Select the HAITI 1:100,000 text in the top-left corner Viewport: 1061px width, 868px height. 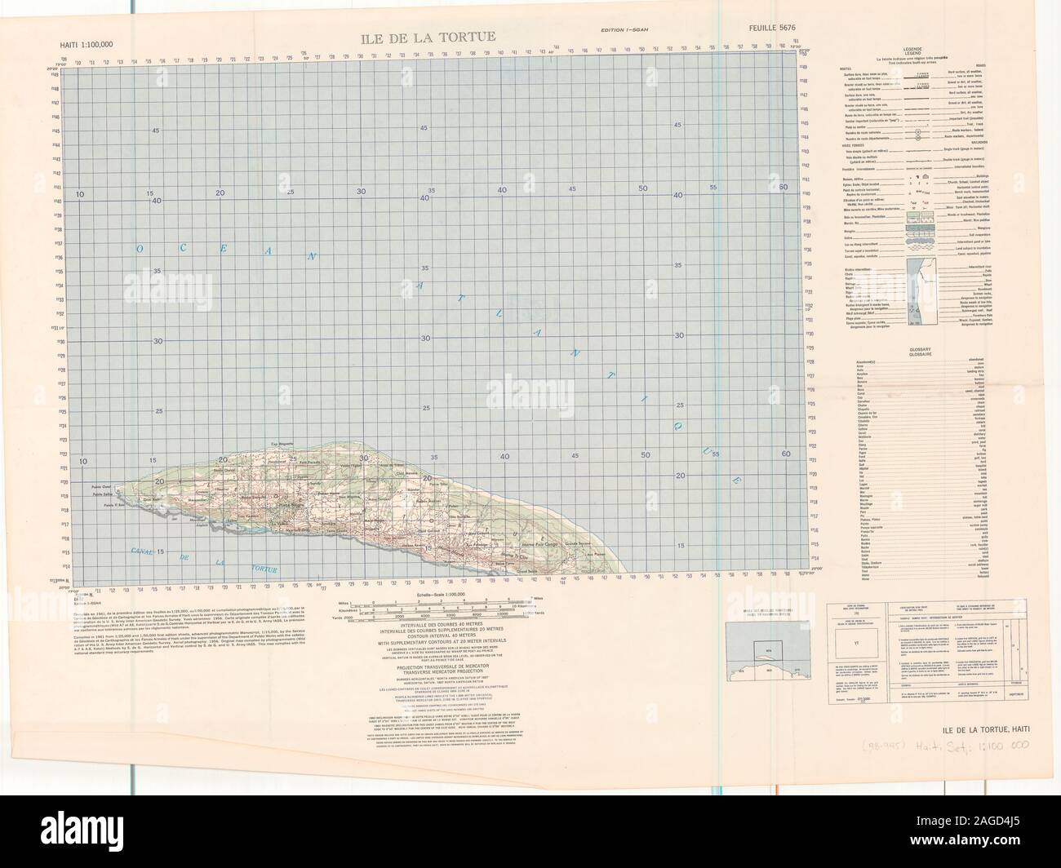(x=87, y=45)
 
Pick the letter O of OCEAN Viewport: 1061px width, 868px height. (x=140, y=225)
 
